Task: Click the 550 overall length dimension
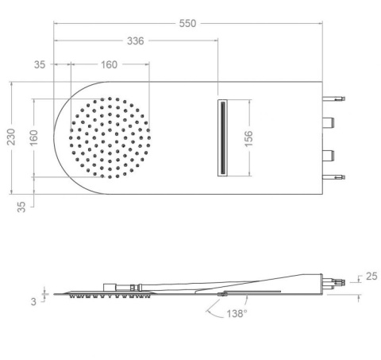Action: pos(187,23)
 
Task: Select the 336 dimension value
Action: pos(136,41)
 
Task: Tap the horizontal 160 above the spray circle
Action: pos(109,64)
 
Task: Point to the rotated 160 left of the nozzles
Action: pos(33,138)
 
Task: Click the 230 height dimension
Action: pos(11,137)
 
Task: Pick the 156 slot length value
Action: pos(248,138)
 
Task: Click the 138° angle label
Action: pos(237,314)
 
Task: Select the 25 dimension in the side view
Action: pos(371,277)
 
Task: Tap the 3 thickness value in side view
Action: pos(33,301)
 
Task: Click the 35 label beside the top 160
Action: pos(40,64)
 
